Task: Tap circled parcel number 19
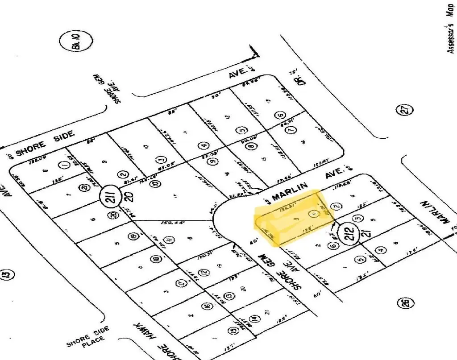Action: pos(132,237)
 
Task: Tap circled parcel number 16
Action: pos(207,306)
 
